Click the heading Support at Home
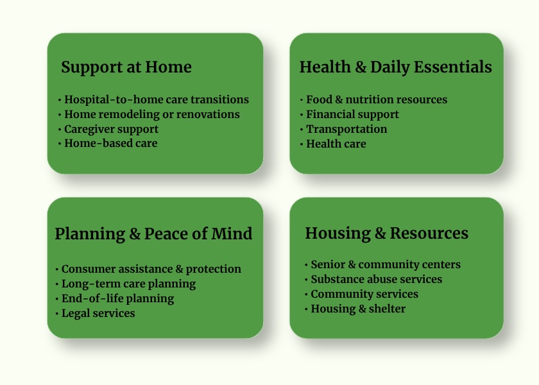[x=126, y=67]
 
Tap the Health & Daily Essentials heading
[x=396, y=67]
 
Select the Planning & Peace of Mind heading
[x=153, y=234]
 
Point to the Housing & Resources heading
[x=387, y=234]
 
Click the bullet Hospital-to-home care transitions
[x=157, y=99]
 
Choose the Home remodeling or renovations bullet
[x=152, y=114]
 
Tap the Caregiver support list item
[x=112, y=129]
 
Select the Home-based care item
[x=110, y=143]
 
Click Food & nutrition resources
[x=377, y=99]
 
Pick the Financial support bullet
[x=352, y=114]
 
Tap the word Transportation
[x=346, y=129]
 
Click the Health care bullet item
[x=336, y=144]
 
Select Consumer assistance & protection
[x=151, y=269]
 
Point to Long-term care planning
[x=128, y=284]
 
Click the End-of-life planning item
[x=117, y=299]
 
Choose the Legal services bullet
[x=98, y=313]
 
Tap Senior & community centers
[x=386, y=264]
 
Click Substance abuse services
[x=377, y=279]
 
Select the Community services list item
[x=364, y=294]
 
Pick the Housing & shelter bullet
[x=358, y=309]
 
